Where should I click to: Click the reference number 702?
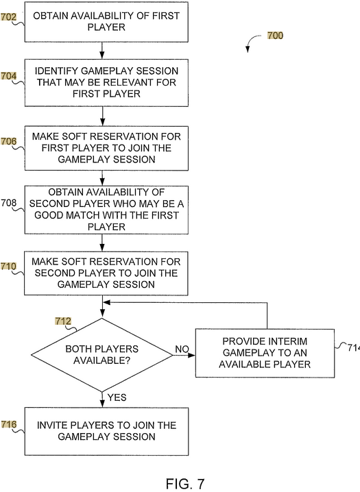click(8, 16)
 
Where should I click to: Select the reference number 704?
click(8, 76)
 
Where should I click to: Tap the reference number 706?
click(8, 142)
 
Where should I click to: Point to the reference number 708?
click(8, 203)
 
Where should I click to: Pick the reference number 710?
click(8, 267)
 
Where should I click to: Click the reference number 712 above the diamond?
click(63, 321)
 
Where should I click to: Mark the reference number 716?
click(8, 425)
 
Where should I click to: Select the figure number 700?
click(275, 36)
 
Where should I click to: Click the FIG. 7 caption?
click(185, 484)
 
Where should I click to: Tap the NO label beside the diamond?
click(182, 349)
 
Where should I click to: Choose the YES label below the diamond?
click(117, 397)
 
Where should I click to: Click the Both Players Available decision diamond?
click(102, 355)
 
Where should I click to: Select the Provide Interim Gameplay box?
click(265, 353)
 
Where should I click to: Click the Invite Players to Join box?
click(106, 431)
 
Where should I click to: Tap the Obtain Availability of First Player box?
click(106, 22)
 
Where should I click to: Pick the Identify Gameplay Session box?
click(106, 82)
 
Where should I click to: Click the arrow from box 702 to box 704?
click(102, 51)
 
